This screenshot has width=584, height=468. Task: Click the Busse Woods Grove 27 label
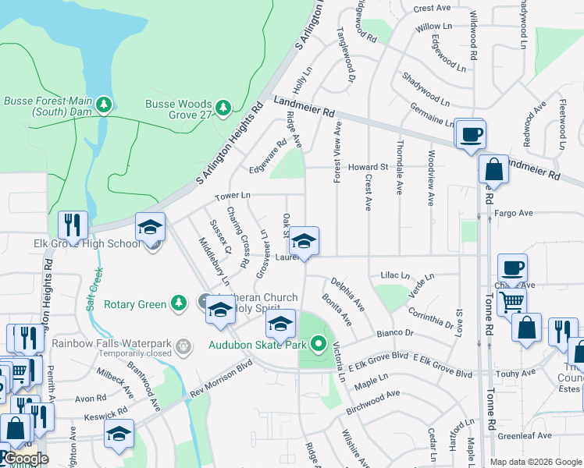[x=178, y=109]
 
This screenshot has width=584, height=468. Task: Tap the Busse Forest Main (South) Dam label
[x=48, y=106]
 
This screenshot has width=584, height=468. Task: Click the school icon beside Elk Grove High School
[x=151, y=227]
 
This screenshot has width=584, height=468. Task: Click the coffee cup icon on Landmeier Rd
[x=470, y=134]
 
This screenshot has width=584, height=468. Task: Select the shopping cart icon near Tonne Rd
[x=511, y=300]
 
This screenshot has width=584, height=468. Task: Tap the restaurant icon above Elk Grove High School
[x=73, y=225]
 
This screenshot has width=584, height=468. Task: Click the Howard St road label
[x=368, y=167]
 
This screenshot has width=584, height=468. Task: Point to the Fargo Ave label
[x=513, y=213]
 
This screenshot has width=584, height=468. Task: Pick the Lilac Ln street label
[x=394, y=275]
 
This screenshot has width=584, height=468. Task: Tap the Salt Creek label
[x=95, y=289]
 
